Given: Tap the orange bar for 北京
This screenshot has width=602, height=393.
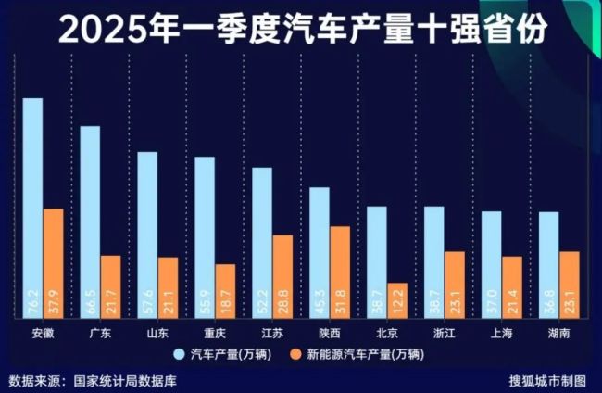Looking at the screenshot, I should tap(397, 299).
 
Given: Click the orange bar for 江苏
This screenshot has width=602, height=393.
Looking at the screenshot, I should tap(282, 275).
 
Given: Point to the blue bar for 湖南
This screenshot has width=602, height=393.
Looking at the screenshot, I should tap(548, 264).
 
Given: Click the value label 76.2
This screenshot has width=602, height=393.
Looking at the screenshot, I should tap(32, 302).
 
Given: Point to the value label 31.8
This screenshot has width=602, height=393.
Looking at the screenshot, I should tap(341, 302).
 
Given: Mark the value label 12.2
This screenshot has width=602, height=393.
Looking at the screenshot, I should tap(397, 303).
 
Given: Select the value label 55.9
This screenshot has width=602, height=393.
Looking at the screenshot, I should tap(205, 302).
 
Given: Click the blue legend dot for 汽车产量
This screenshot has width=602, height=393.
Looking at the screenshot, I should tap(180, 353).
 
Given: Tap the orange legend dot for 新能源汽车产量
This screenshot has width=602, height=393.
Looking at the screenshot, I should tap(296, 353).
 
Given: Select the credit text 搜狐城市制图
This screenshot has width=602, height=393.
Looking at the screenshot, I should tap(547, 380).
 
